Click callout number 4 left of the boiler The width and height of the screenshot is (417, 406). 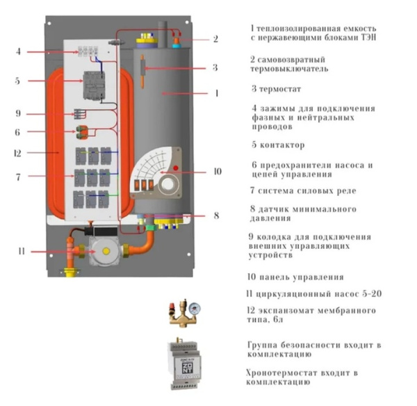pyautogui.click(x=19, y=51)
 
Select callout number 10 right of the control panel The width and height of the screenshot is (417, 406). pyautogui.click(x=218, y=170)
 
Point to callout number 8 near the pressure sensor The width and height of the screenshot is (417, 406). pyautogui.click(x=216, y=216)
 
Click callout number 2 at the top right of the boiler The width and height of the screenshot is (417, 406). pyautogui.click(x=216, y=39)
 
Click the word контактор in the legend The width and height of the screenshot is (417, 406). pyautogui.click(x=280, y=146)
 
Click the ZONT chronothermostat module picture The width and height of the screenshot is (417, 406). pyautogui.click(x=183, y=362)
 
